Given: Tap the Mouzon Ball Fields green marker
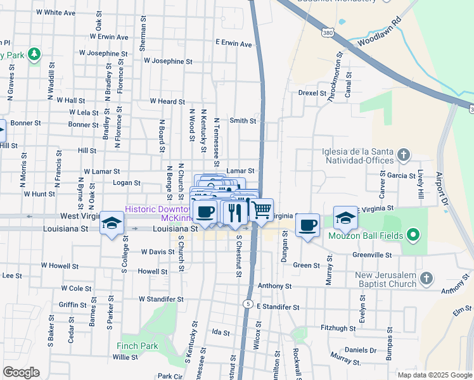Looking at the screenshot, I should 413,236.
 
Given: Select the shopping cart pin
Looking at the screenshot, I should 262,210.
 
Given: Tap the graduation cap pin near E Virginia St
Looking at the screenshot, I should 345,218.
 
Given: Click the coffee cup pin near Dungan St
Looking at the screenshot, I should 308,225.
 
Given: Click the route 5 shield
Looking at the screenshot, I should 247,305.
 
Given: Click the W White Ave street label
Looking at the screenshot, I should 56,13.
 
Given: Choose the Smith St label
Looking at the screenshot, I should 243,120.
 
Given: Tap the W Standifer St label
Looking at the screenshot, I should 161,299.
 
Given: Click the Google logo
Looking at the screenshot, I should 21,372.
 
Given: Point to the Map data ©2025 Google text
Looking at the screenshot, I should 434,375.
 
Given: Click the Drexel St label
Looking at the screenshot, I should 311,92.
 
